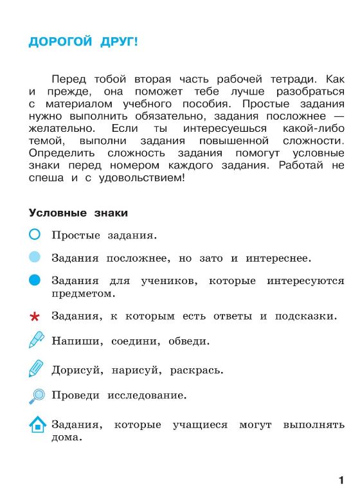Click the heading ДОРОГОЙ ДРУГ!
pos(83,42)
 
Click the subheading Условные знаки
pos(78,213)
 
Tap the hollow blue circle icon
pos(35,235)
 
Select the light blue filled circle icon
pos(35,257)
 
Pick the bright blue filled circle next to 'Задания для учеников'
pos(35,280)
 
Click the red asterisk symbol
pos(35,316)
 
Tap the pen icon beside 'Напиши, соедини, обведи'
pos(36,340)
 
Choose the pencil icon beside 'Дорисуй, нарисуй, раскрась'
pos(35,368)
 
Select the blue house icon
pos(37,425)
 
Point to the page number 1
pos(341,480)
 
